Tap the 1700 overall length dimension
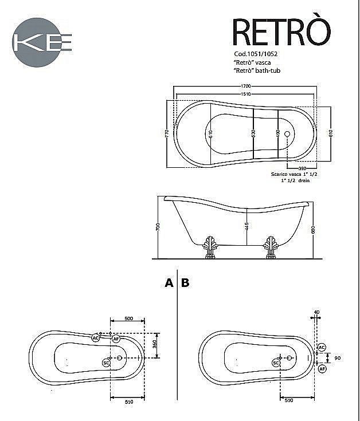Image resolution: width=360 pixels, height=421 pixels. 245,86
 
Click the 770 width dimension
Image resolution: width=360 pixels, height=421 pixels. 167,133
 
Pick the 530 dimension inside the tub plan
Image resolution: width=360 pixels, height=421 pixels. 253,132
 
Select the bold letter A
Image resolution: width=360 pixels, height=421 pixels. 169,282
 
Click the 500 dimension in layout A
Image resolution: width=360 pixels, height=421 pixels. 128,318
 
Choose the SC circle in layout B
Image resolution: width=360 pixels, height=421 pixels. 276,363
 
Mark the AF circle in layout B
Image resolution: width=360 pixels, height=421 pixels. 322,368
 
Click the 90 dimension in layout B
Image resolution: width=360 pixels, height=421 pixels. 337,358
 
